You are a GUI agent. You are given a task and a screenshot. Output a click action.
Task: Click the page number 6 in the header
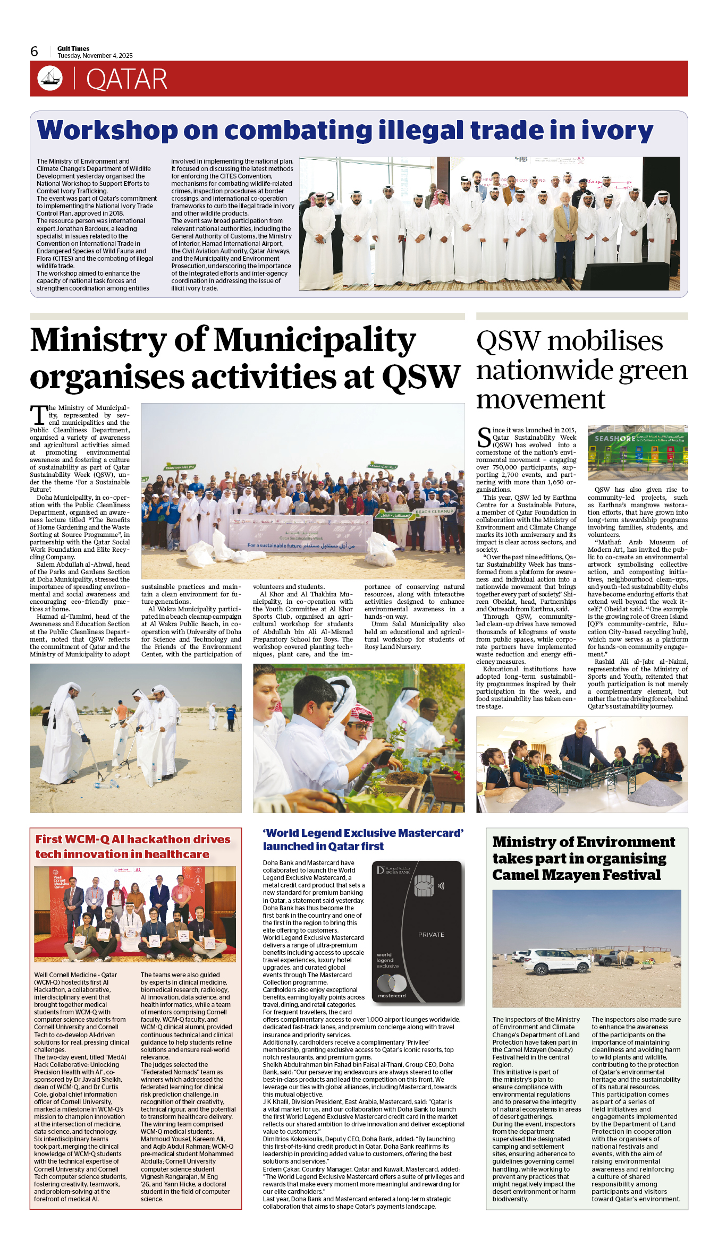click(35, 52)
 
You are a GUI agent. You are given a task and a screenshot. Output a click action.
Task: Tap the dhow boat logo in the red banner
click(50, 78)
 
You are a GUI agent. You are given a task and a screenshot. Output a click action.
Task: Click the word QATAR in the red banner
click(126, 79)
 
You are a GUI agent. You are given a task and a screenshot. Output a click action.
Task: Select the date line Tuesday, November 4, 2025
click(95, 56)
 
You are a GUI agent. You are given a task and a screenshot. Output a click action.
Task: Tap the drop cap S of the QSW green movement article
click(484, 437)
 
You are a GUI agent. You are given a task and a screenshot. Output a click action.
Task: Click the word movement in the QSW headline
click(540, 399)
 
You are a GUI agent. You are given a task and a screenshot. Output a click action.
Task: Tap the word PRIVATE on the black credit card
click(431, 935)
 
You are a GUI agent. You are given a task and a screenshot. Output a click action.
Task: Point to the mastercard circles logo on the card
click(392, 983)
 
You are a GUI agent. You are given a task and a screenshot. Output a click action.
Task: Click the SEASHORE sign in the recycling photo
click(614, 439)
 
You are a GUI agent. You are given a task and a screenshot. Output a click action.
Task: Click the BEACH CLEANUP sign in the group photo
click(435, 511)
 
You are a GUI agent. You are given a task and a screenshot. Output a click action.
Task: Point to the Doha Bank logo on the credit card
click(393, 870)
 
